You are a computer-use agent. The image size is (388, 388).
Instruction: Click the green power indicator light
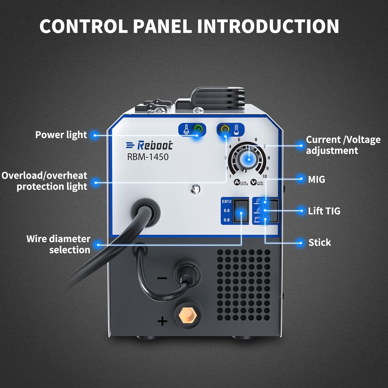click(x=198, y=129)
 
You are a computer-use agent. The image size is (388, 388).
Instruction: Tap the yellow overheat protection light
click(x=225, y=129)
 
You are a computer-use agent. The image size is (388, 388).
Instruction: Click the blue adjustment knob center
click(x=249, y=159)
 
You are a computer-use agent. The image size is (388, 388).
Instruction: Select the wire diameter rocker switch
click(x=241, y=211)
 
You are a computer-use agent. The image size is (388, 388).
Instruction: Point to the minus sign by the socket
click(x=162, y=278)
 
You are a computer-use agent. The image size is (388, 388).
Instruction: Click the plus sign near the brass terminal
click(x=162, y=321)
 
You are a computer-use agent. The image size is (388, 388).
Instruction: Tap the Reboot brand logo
click(x=149, y=145)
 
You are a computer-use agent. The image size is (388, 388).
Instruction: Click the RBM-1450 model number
click(x=148, y=157)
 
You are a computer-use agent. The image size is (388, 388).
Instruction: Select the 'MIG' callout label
click(x=316, y=179)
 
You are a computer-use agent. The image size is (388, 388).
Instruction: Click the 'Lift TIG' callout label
click(x=324, y=211)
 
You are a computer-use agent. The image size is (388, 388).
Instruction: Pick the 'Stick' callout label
click(x=320, y=243)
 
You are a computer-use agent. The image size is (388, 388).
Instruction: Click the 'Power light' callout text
click(x=61, y=135)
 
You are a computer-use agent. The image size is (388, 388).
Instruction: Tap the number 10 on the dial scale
click(x=264, y=176)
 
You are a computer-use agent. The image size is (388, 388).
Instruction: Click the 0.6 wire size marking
click(x=227, y=211)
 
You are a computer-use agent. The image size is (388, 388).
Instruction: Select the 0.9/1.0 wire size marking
click(x=227, y=201)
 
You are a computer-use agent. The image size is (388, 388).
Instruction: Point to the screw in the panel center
click(x=195, y=189)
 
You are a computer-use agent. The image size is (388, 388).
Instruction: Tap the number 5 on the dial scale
click(x=239, y=140)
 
